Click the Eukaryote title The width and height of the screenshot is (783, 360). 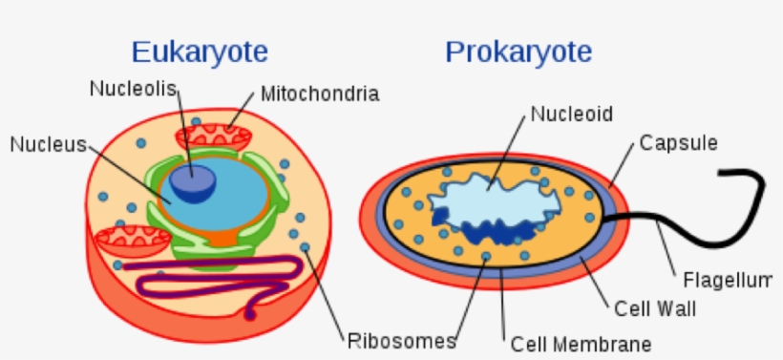point(199,51)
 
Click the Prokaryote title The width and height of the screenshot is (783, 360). point(518,51)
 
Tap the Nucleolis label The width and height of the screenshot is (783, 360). point(135,89)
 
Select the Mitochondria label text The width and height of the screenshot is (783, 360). point(319,94)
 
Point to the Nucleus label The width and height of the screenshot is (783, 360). point(48,144)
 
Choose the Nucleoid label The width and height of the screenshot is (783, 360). point(571,115)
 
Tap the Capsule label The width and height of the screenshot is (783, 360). point(678,143)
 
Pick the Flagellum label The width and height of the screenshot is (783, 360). point(728,280)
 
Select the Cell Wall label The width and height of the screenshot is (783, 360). point(654,309)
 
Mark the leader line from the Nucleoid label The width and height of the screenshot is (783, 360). point(509,149)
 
